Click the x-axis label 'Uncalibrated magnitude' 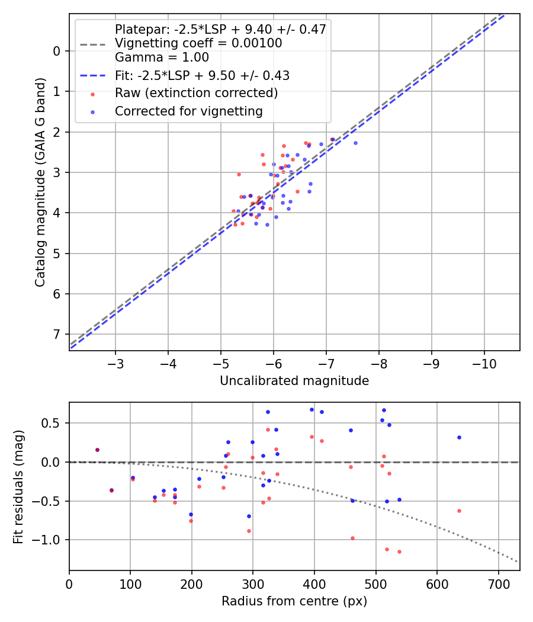[294, 381]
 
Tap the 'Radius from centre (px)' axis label [294, 601]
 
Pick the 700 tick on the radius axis [498, 583]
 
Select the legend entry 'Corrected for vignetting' [188, 111]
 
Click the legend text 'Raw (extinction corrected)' [196, 93]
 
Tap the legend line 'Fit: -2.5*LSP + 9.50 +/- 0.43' [201, 75]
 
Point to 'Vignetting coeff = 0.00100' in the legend [198, 43]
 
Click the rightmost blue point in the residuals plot [459, 437]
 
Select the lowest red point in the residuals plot [399, 552]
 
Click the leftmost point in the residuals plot [97, 450]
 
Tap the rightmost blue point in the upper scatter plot [355, 143]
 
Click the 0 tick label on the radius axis [69, 583]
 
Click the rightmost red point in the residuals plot [459, 511]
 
